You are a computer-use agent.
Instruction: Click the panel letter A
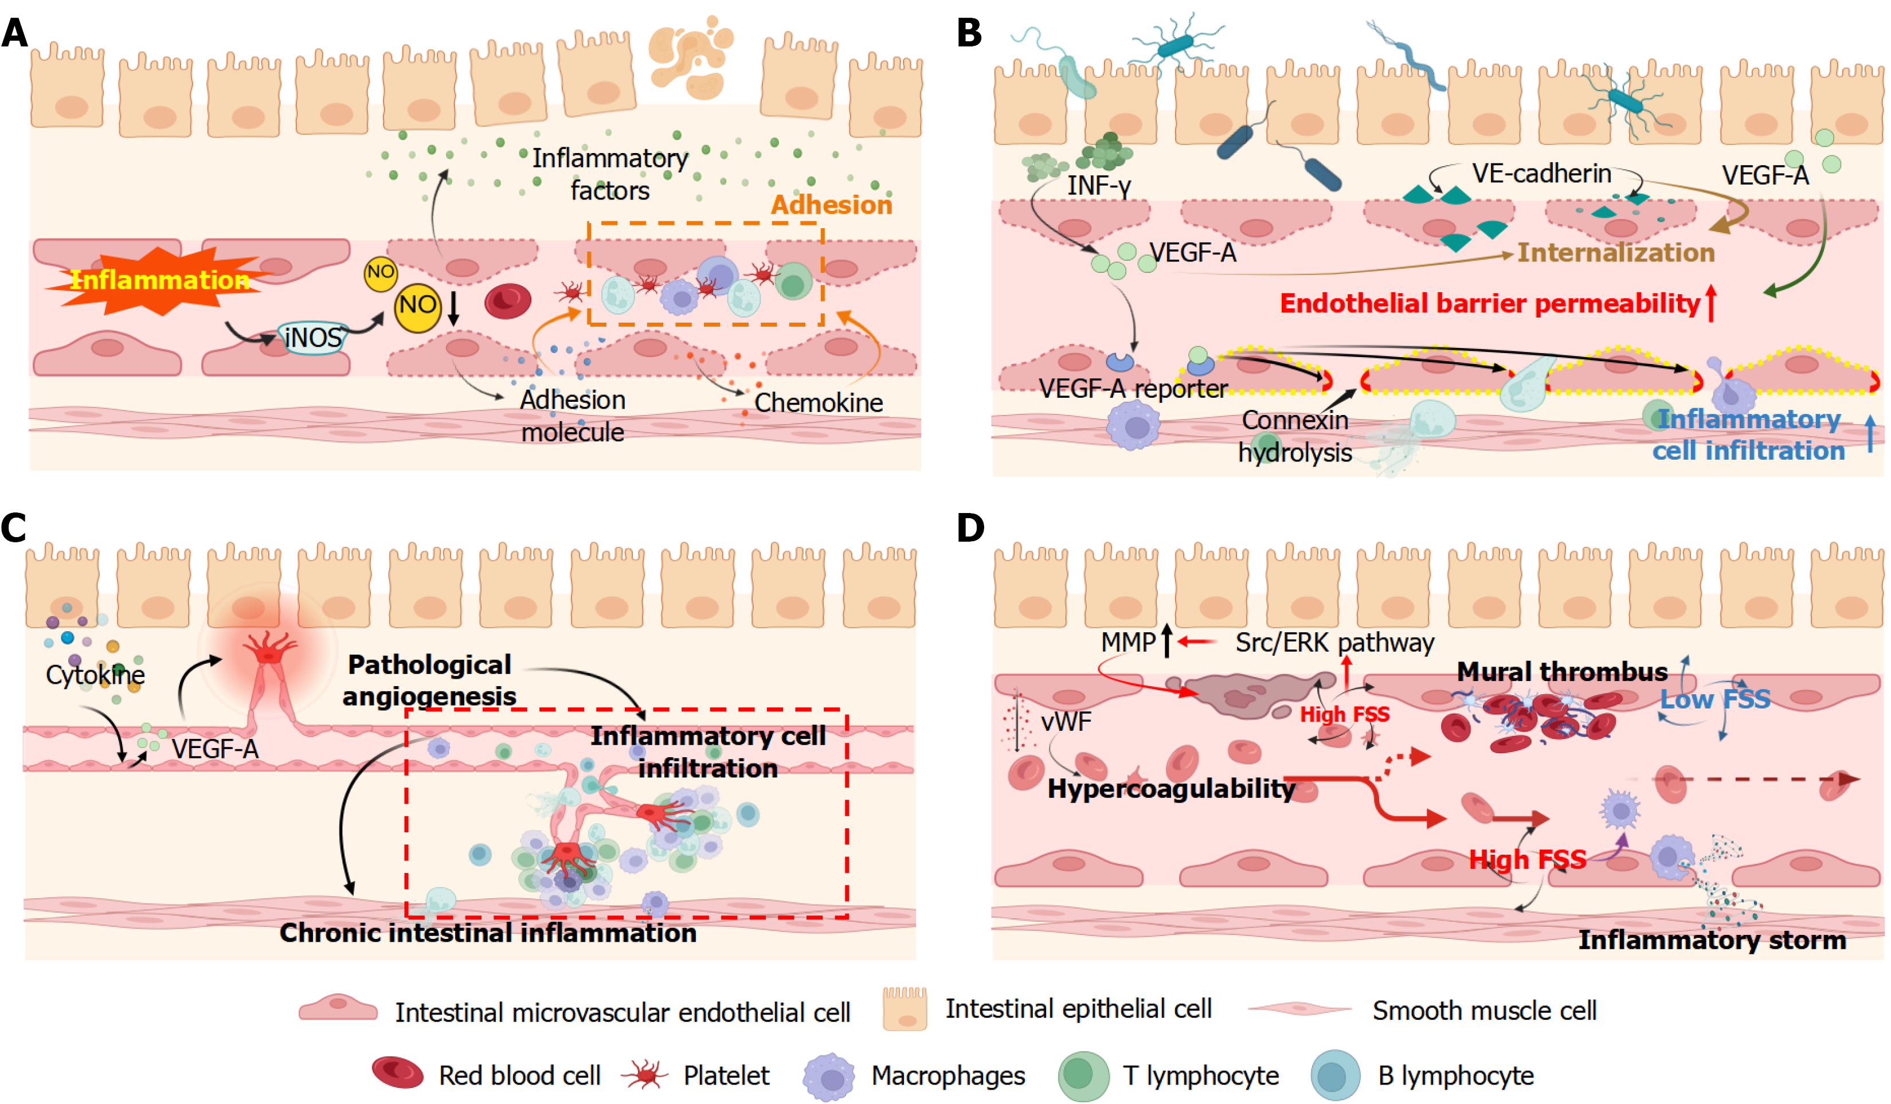[15, 33]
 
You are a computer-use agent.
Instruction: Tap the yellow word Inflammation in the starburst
[159, 280]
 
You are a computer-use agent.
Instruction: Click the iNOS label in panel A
[313, 338]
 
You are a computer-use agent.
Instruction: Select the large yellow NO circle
[417, 306]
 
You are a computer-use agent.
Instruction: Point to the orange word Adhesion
[832, 205]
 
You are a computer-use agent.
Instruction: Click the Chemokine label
[818, 403]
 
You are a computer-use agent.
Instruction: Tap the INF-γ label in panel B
[1099, 185]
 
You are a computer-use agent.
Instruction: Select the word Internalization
[1616, 252]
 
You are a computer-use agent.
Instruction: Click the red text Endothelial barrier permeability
[1490, 303]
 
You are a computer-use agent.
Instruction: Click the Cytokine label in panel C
[95, 675]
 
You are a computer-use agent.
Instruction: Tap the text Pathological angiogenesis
[429, 680]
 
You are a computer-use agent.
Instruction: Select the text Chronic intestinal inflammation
[488, 933]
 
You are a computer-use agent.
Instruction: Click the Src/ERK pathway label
[1334, 643]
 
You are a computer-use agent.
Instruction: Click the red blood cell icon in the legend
[398, 1072]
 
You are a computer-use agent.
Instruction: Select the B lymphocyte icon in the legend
[1335, 1075]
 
